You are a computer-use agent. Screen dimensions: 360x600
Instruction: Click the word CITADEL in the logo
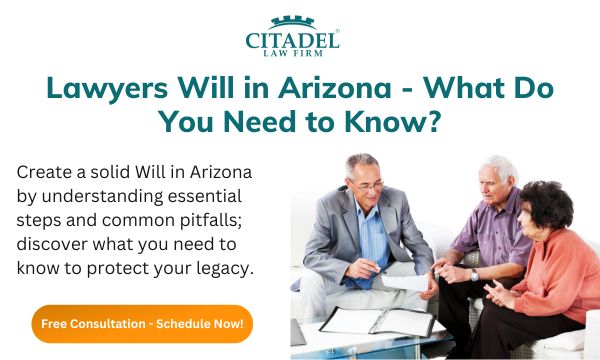point(292,40)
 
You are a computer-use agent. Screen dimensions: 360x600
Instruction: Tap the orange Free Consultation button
point(142,324)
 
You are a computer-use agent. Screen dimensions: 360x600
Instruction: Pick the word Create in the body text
point(44,171)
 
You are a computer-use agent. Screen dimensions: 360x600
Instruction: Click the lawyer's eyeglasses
point(365,185)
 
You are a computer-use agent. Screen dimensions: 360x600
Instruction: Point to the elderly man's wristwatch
point(473,275)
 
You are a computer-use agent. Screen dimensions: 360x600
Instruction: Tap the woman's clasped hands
point(500,290)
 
